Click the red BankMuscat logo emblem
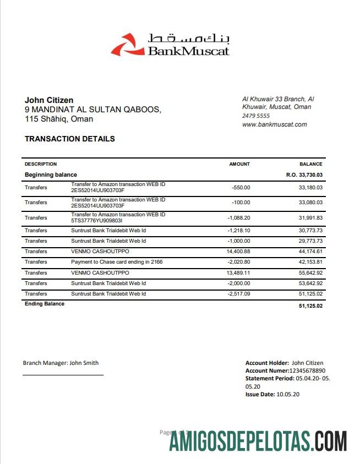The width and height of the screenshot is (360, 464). click(x=124, y=45)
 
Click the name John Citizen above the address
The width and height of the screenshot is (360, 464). click(x=49, y=100)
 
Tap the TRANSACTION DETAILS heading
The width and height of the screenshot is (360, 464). click(x=70, y=139)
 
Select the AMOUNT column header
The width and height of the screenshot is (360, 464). click(x=239, y=164)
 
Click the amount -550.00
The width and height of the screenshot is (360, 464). click(x=241, y=188)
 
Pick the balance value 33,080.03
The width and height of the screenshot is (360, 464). click(x=310, y=202)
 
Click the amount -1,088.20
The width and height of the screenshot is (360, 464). click(x=239, y=217)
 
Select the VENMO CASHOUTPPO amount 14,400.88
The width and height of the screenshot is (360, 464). click(x=238, y=252)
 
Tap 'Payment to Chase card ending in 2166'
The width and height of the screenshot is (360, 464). click(x=117, y=262)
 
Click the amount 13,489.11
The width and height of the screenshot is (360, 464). click(x=238, y=272)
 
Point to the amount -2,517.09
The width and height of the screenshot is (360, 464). click(x=239, y=294)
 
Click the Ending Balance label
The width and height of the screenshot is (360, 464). click(x=45, y=304)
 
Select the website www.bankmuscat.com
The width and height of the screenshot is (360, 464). click(x=275, y=124)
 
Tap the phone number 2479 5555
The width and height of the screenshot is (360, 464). click(x=256, y=116)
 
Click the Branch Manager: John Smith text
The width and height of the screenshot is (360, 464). click(x=61, y=363)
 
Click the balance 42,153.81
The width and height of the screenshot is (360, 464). click(x=310, y=262)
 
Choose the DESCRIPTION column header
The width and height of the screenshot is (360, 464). click(x=41, y=164)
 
